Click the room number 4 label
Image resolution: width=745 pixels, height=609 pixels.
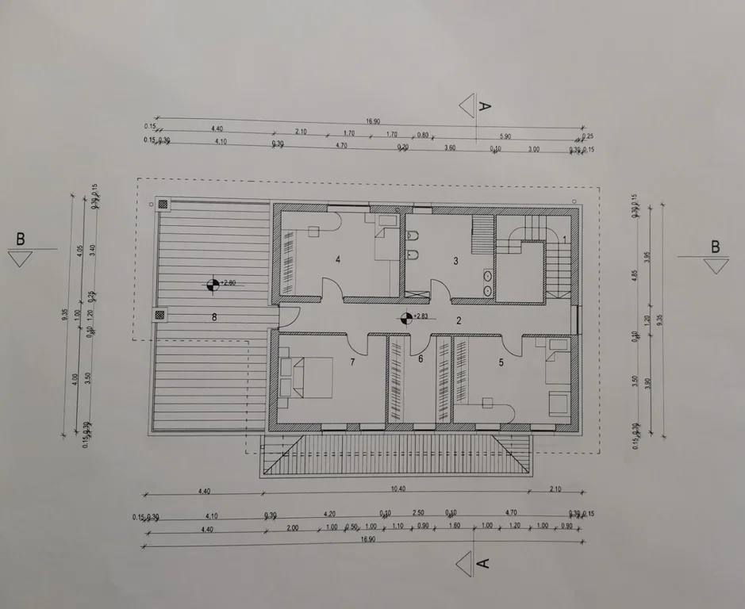[x=338, y=259]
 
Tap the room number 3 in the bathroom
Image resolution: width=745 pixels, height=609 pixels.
[x=455, y=261]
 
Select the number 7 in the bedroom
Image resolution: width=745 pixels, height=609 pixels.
[x=352, y=362]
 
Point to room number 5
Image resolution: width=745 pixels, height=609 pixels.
[x=501, y=362]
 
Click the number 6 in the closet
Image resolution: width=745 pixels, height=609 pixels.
[x=421, y=359]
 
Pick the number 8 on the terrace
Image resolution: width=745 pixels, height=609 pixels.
[x=213, y=317]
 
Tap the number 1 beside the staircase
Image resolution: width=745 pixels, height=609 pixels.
[x=564, y=239]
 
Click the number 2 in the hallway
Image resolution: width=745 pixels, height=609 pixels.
[x=458, y=320]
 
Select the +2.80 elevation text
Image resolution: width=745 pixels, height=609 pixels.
[x=228, y=282]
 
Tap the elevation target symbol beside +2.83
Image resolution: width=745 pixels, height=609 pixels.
[x=406, y=318]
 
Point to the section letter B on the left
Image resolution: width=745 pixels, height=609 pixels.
[x=21, y=238]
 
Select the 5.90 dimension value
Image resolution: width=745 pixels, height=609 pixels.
[x=505, y=136]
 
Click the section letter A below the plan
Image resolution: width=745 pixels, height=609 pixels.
[x=484, y=563]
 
